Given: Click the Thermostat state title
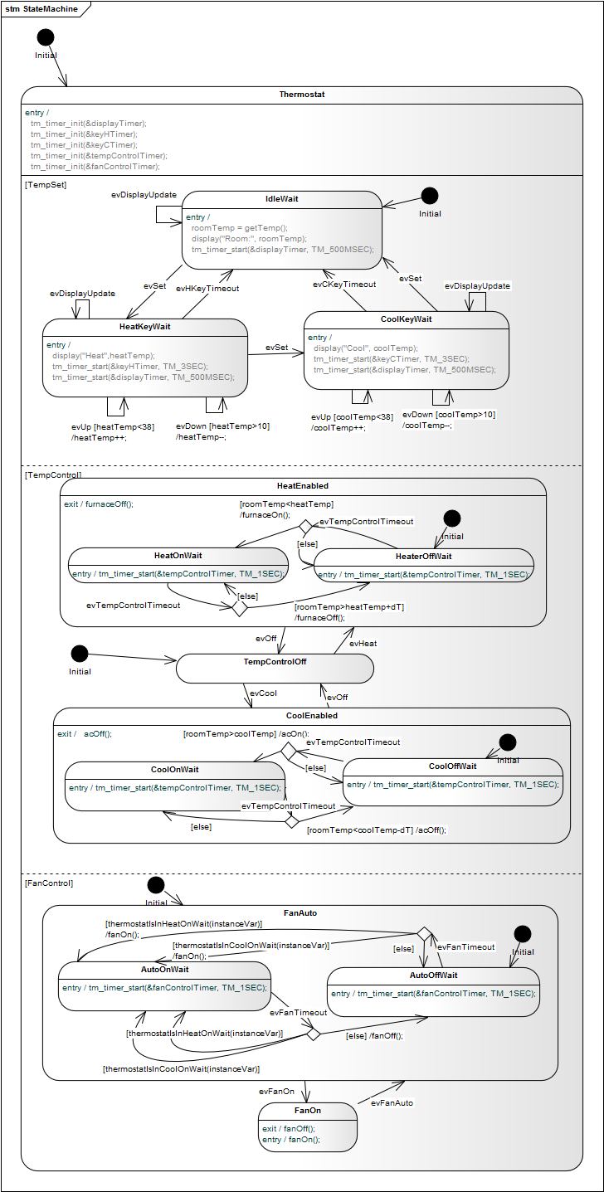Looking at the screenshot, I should tap(302, 95).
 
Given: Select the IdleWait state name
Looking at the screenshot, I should tap(281, 199).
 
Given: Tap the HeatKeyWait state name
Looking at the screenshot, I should tap(145, 327).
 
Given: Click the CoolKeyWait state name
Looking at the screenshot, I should tap(407, 319).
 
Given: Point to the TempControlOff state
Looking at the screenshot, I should tap(275, 662).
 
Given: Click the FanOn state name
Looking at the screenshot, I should tap(308, 1110).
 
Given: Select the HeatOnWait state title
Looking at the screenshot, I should tap(178, 556).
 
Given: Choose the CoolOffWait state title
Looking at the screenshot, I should tap(452, 766).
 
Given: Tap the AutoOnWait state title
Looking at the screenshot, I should tap(164, 970).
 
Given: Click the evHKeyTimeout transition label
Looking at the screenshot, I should tap(207, 289).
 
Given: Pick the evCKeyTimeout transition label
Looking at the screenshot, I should tap(344, 284).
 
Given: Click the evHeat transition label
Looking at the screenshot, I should tap(363, 643).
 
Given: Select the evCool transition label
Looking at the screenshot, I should tap(263, 692).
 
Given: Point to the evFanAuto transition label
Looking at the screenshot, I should tap(392, 1103).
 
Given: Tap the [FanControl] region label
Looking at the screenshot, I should tap(50, 883).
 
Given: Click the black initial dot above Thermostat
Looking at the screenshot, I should tap(46, 37).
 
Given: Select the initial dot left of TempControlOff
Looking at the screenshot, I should tap(79, 654).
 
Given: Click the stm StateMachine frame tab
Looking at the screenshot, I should tap(42, 9).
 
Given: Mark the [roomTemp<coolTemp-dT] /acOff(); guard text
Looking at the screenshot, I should tap(376, 830).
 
